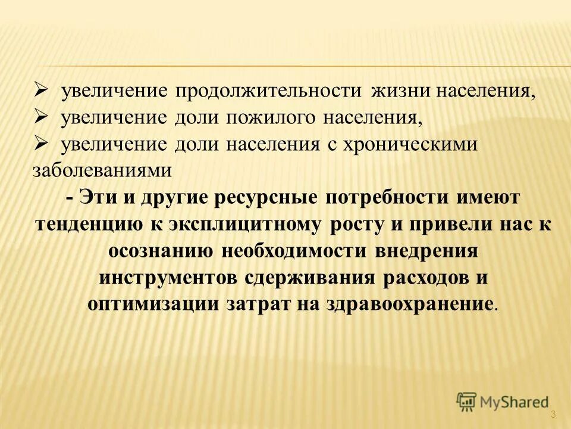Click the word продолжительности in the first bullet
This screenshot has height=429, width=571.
click(268, 92)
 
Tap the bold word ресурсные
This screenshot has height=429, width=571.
click(262, 198)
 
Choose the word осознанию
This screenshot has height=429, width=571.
click(160, 251)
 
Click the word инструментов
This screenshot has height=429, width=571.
click(168, 278)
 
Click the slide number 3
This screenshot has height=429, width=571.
click(553, 414)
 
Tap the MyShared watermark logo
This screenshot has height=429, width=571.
click(503, 402)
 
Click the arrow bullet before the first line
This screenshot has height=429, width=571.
click(41, 91)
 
